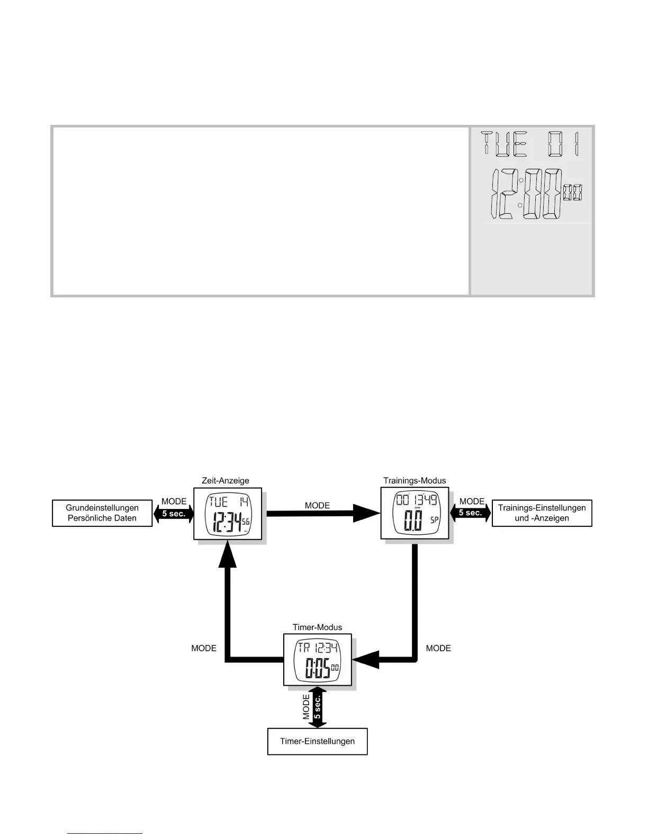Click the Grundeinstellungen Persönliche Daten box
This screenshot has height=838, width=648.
[x=102, y=513]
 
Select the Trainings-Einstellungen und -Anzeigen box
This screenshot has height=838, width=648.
[x=542, y=513]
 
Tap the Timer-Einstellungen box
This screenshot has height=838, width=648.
[x=317, y=741]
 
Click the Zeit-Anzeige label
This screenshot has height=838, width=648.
[x=226, y=481]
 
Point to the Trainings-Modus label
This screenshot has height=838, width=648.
[x=415, y=481]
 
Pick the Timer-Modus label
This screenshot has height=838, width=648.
[x=317, y=627]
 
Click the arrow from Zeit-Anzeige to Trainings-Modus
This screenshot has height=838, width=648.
[x=323, y=513]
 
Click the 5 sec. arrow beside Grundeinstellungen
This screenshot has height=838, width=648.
[x=173, y=513]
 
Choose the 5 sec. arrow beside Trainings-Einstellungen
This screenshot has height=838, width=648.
[x=471, y=513]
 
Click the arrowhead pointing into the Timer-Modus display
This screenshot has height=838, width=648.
[x=366, y=659]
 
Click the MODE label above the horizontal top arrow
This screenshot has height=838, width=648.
[x=317, y=506]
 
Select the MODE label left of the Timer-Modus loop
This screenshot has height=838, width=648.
[x=204, y=648]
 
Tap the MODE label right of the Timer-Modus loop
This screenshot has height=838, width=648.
[x=438, y=648]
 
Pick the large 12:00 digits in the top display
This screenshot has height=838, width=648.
[x=527, y=194]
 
